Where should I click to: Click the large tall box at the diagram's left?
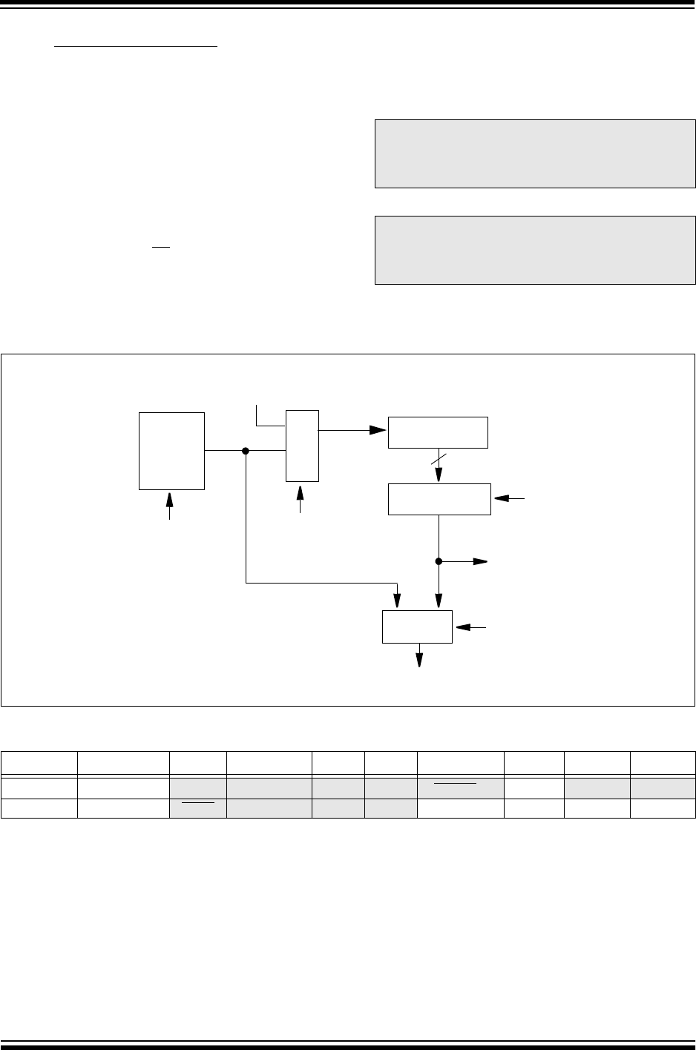171,450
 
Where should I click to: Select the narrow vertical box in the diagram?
302,445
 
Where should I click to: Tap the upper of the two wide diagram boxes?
438,432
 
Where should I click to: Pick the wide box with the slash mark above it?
439,498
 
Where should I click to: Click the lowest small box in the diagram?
417,627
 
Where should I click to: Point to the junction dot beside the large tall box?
246,450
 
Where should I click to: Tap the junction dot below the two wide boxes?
439,561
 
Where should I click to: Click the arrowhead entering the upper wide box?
379,429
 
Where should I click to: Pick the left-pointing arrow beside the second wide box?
502,499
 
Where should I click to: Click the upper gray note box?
535,153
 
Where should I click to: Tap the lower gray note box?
535,250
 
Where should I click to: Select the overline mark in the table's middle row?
460,781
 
